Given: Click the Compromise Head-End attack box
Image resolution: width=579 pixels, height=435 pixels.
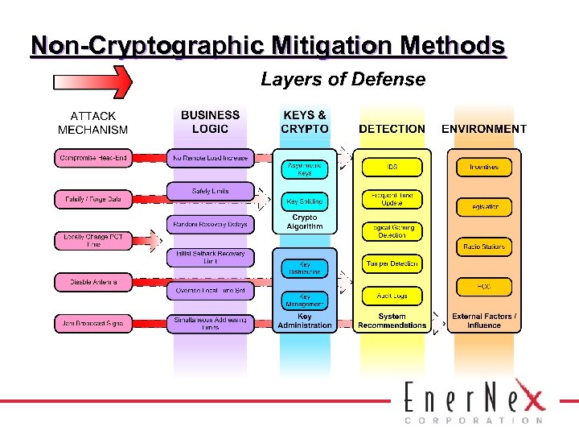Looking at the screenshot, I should [x=93, y=158].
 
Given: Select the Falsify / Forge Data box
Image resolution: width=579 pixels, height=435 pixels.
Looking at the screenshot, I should [x=93, y=198].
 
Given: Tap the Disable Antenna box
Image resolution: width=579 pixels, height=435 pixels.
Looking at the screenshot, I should [x=93, y=282].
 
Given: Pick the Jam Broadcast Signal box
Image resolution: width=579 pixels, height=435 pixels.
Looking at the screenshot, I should [x=93, y=323].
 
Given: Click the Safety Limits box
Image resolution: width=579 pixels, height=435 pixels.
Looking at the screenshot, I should [x=210, y=192].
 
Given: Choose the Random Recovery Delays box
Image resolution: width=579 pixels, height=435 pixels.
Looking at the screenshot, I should [x=210, y=224].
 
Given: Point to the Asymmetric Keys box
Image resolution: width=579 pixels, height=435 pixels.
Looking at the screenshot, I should [x=305, y=168].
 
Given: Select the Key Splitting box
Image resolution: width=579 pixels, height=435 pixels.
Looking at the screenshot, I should [x=305, y=201].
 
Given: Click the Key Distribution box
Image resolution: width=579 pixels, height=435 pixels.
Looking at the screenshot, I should [x=305, y=268].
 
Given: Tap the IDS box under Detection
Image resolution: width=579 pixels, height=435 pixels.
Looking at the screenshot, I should [x=392, y=168].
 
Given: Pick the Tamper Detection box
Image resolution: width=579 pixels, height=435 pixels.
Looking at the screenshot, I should [x=392, y=263].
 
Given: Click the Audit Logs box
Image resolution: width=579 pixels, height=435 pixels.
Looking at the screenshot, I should [x=392, y=296].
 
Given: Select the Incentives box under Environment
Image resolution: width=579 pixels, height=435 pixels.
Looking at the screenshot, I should [x=483, y=168].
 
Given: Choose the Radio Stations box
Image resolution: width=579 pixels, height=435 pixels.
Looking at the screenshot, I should [x=483, y=247].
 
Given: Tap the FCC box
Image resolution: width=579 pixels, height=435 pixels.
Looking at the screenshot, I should [x=483, y=286].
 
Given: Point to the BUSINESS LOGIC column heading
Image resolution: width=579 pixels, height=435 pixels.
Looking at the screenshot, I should [x=210, y=122].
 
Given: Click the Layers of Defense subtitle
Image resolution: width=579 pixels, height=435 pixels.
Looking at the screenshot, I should [x=343, y=80].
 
